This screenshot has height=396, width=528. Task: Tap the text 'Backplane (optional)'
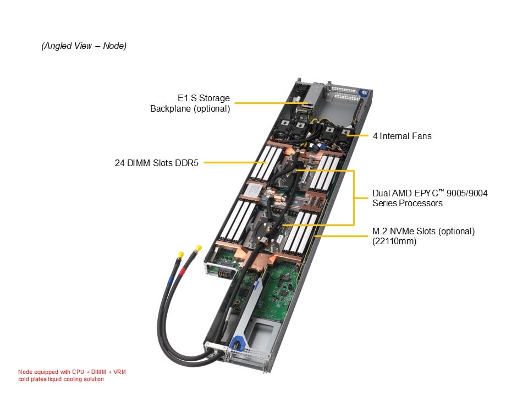point(190,108)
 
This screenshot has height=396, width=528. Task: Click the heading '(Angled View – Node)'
point(84,46)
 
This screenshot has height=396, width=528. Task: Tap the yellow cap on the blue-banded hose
point(180,255)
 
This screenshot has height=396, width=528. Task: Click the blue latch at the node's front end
point(237,342)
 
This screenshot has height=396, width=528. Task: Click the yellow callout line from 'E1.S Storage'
point(264,103)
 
